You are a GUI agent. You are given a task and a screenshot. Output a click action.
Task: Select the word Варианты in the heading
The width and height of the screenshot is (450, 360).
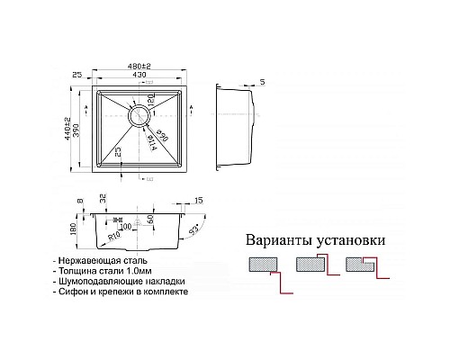click(278, 241)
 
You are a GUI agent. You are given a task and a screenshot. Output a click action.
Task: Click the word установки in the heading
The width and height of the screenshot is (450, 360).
click(350, 241)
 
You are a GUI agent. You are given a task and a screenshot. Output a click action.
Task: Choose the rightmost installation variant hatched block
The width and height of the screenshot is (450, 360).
click(361, 265)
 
